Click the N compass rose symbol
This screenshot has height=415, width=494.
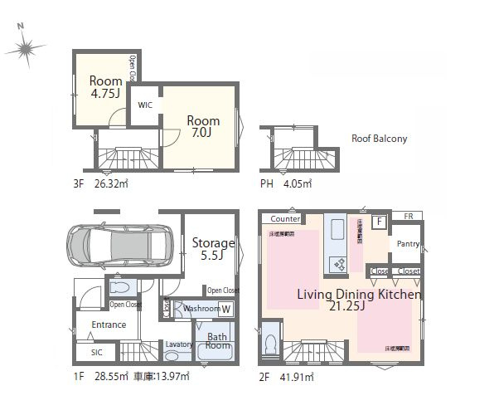pos(25,48)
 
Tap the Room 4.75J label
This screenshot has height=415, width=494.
pos(107,87)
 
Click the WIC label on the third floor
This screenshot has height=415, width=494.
pos(145,105)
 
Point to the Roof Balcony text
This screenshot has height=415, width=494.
pos(379,139)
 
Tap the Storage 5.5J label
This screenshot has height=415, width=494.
pos(213,250)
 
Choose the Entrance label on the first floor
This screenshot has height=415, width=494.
pos(109,325)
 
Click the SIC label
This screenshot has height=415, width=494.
pos(85,353)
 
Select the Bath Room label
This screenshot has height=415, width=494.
pos(217,343)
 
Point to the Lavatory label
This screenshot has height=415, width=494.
pos(179,344)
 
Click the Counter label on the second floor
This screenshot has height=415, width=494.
pos(284,219)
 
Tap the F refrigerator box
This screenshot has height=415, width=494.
pos(379,222)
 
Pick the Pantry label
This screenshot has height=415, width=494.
pos(408,244)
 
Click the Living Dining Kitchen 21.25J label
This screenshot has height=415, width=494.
pos(360,301)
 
